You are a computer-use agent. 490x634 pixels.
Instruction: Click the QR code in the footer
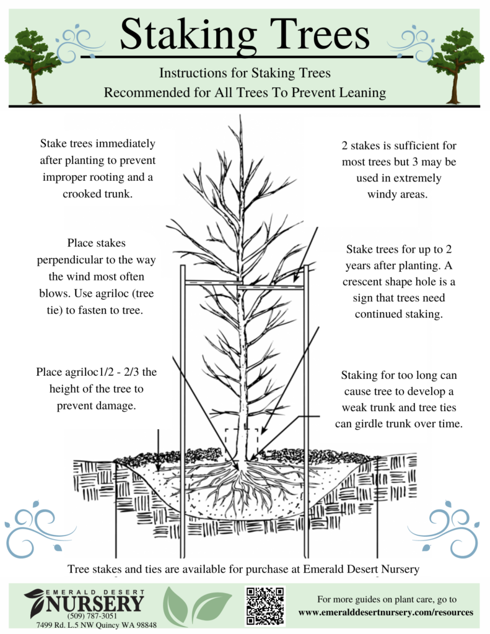click(x=265, y=606)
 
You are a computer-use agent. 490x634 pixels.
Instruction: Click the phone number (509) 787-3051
click(x=84, y=617)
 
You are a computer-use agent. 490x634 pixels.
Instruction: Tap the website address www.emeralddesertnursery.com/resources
click(x=386, y=612)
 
